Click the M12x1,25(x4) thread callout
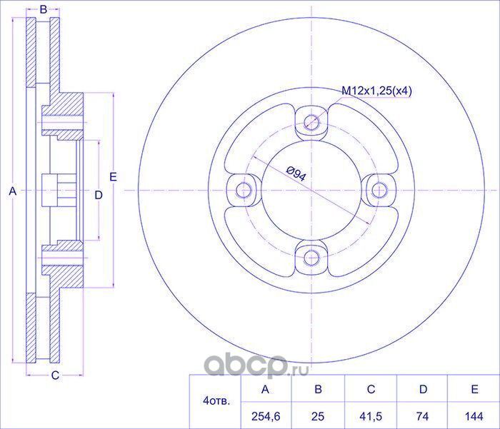click(376, 91)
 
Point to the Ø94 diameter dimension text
click(296, 173)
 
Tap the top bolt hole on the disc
click(311, 122)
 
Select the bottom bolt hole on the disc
click(311, 258)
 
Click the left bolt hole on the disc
click(244, 191)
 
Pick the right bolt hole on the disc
click(379, 191)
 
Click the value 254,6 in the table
click(266, 416)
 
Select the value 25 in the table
click(318, 416)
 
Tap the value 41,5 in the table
click(370, 416)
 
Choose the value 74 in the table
click(423, 416)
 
